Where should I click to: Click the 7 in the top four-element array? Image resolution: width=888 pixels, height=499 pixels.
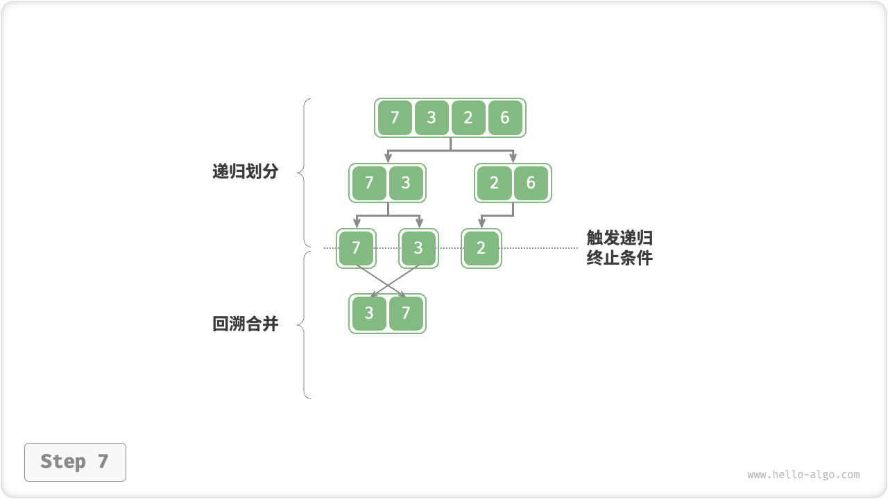pyautogui.click(x=395, y=118)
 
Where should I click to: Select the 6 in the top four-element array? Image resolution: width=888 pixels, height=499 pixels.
pyautogui.click(x=505, y=118)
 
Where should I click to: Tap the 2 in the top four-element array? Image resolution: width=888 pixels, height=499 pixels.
pyautogui.click(x=468, y=118)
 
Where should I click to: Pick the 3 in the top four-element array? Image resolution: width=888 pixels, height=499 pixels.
pyautogui.click(x=432, y=118)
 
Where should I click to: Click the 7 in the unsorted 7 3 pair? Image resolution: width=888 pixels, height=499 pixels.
pyautogui.click(x=369, y=183)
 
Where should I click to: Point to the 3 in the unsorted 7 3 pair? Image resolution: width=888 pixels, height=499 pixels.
pyautogui.click(x=406, y=183)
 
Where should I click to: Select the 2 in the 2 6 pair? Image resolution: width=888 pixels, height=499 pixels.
pyautogui.click(x=494, y=183)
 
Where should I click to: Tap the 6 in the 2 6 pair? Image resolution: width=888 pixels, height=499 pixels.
pyautogui.click(x=531, y=183)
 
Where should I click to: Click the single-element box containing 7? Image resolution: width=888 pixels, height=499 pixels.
pyautogui.click(x=357, y=248)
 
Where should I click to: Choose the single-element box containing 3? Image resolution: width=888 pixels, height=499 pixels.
pyautogui.click(x=418, y=248)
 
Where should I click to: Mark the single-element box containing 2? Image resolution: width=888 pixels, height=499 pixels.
pyautogui.click(x=481, y=248)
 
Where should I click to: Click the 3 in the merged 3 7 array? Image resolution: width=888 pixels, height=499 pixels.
pyautogui.click(x=369, y=313)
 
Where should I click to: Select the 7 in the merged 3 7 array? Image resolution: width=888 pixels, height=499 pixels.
pyautogui.click(x=406, y=313)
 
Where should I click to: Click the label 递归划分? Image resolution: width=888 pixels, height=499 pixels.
pyautogui.click(x=245, y=172)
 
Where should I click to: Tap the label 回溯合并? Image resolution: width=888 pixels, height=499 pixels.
pyautogui.click(x=245, y=324)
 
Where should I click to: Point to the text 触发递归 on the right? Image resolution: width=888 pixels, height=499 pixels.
pyautogui.click(x=620, y=238)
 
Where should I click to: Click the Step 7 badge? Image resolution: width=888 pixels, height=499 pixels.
pyautogui.click(x=75, y=462)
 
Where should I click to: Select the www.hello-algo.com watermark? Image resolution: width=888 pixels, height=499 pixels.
pyautogui.click(x=803, y=475)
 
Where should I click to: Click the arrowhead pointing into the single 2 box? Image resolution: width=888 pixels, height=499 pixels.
pyautogui.click(x=481, y=224)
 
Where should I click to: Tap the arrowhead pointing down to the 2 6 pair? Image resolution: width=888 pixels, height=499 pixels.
pyautogui.click(x=513, y=159)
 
